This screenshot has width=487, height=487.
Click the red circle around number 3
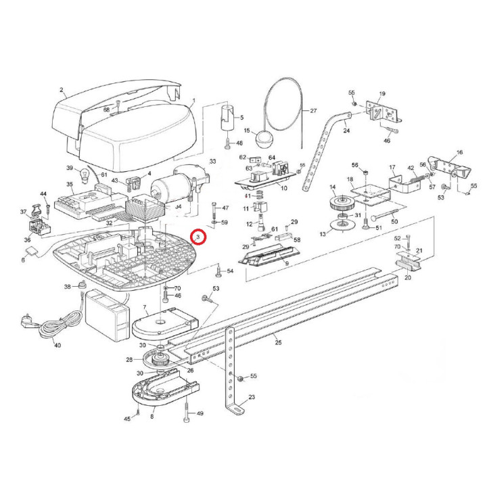[198, 237]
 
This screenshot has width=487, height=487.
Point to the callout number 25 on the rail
[278, 342]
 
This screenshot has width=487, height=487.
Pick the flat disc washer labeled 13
[342, 225]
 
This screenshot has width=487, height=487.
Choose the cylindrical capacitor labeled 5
[229, 118]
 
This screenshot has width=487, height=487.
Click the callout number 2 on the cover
[62, 90]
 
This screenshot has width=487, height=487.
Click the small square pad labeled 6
[32, 251]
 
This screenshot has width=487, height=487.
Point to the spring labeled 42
[418, 179]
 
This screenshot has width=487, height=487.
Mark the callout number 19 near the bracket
[382, 93]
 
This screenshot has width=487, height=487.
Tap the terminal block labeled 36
[39, 227]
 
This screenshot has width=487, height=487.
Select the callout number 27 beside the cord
[313, 110]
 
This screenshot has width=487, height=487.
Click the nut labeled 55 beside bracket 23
[239, 379]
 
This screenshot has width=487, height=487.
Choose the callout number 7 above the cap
[145, 308]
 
